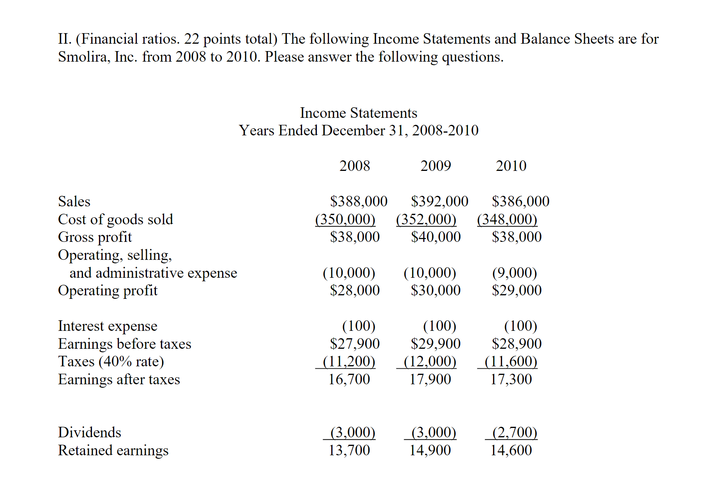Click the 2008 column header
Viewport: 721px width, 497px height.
point(354,166)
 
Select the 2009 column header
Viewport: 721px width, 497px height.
point(435,166)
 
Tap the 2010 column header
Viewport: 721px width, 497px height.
point(511,166)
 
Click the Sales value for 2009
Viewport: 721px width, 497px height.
point(440,201)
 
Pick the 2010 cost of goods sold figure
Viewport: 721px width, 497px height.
point(507,219)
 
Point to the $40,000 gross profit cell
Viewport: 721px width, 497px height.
point(436,237)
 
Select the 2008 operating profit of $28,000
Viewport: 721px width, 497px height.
point(355,290)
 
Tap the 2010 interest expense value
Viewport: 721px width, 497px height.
point(520,326)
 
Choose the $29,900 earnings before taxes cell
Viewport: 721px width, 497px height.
point(436,344)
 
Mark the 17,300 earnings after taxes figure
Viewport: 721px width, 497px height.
point(511,379)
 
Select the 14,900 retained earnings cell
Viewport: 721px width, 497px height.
point(430,450)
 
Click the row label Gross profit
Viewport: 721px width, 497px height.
point(95,237)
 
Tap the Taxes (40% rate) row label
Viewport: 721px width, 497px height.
point(111,361)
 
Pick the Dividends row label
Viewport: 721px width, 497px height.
point(89,432)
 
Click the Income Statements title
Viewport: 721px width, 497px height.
point(358,113)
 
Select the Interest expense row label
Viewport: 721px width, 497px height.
point(108,326)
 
